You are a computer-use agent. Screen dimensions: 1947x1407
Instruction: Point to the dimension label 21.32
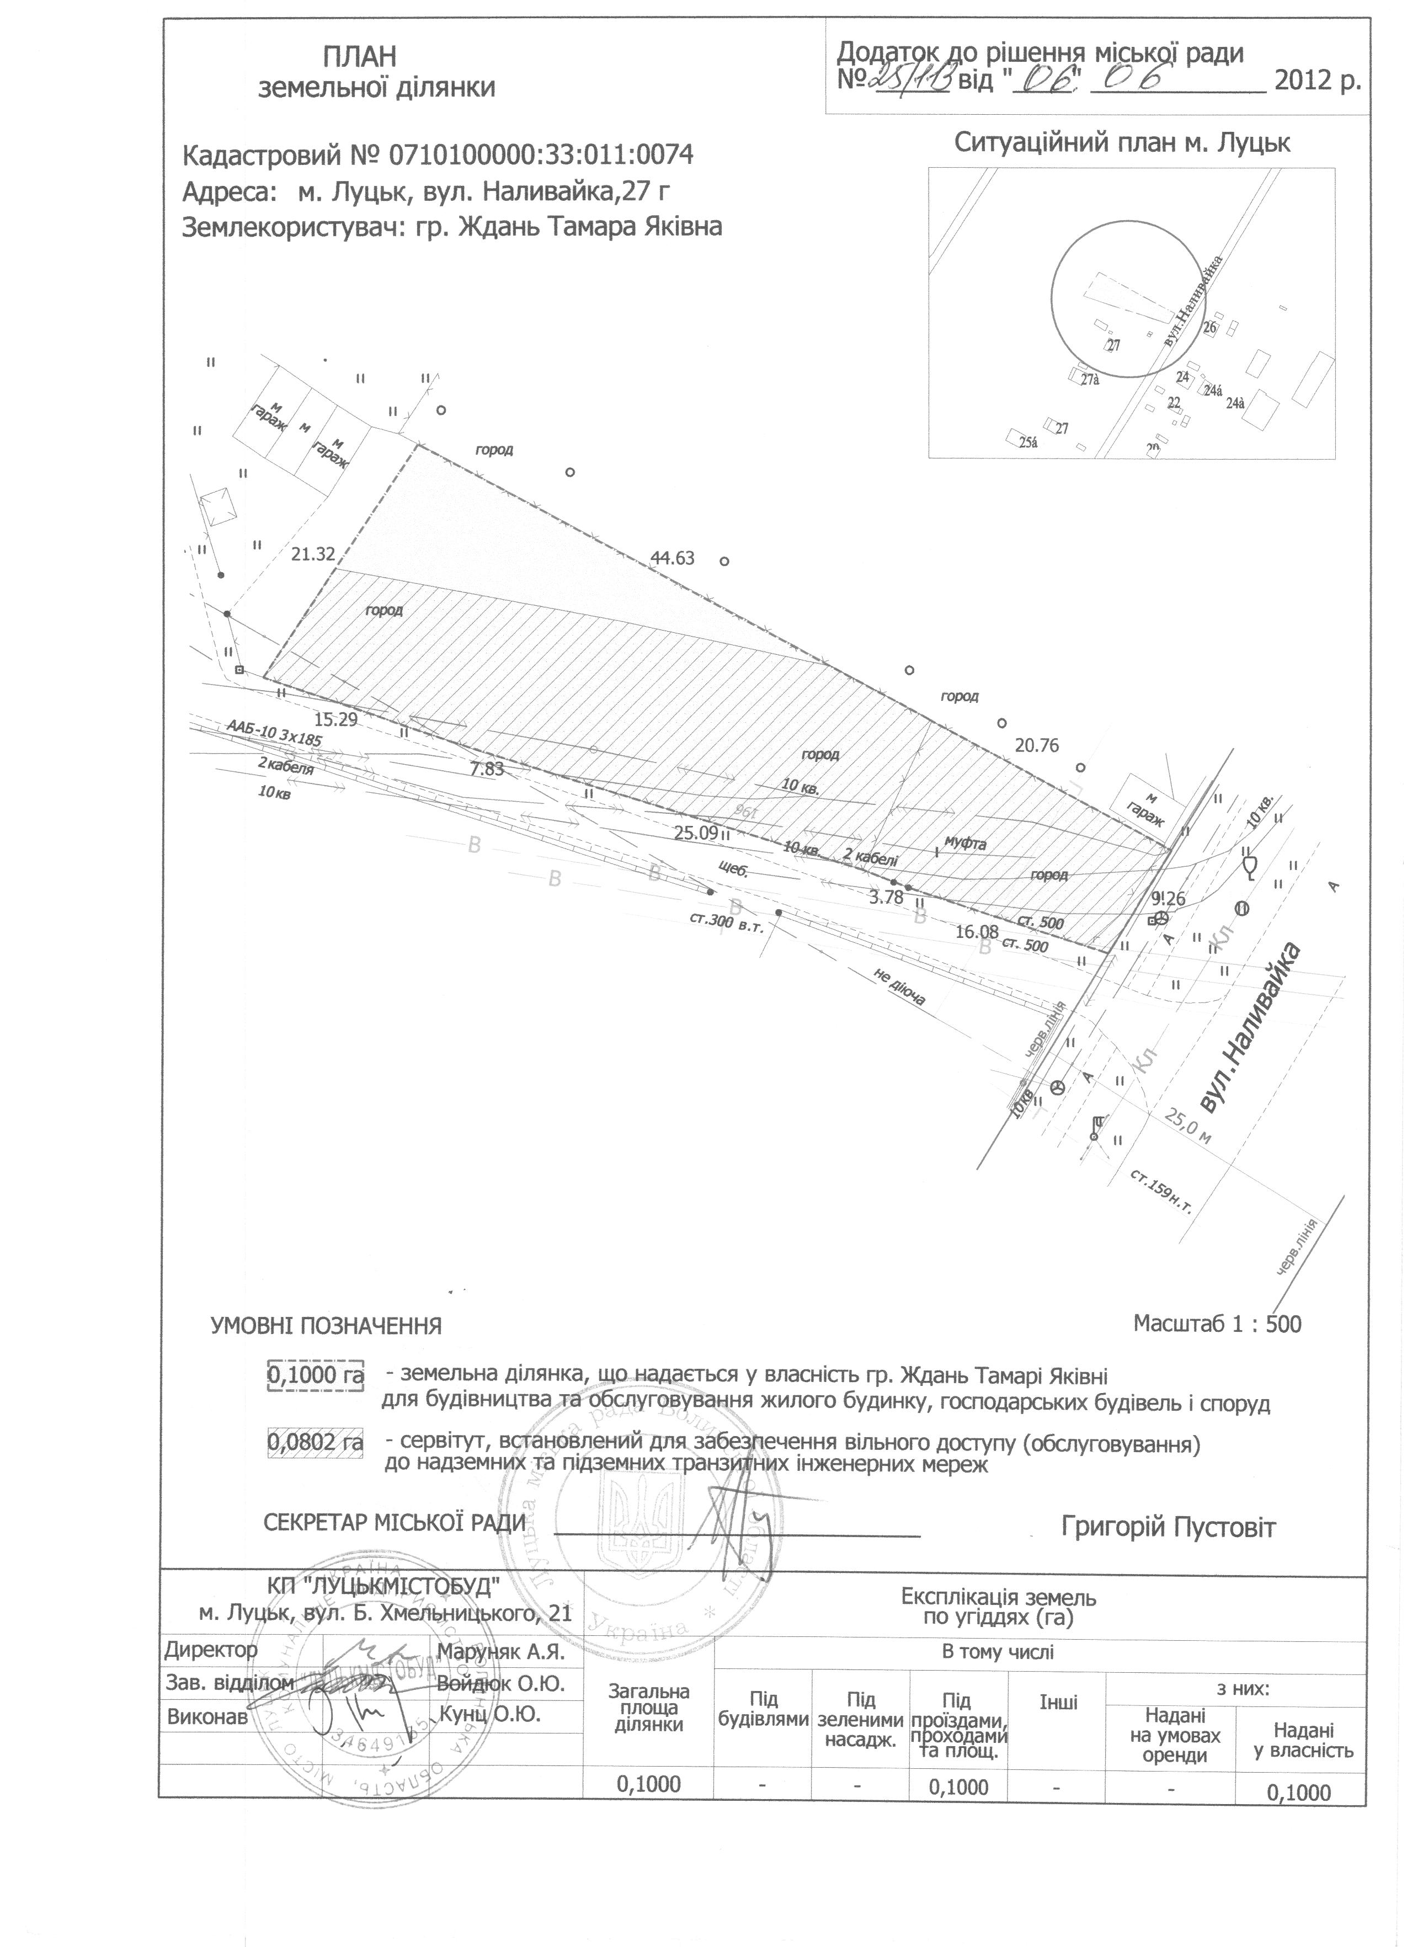coord(312,554)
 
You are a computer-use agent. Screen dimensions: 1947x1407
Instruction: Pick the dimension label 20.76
coord(1036,745)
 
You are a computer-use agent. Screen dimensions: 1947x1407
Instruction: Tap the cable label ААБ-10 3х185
coord(280,741)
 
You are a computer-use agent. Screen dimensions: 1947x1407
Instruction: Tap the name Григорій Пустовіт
coord(1168,1527)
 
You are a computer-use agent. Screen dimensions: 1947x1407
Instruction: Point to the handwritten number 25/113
coord(913,81)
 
